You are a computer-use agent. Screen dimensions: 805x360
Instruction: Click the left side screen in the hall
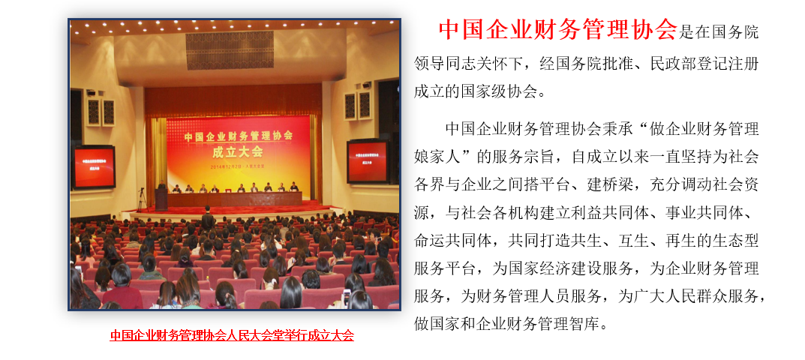click(x=94, y=167)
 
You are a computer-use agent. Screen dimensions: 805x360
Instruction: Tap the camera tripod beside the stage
click(x=141, y=199)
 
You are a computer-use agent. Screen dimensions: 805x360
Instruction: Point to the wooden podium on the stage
click(x=161, y=199)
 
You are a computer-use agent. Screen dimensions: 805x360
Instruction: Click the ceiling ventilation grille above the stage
click(x=230, y=50)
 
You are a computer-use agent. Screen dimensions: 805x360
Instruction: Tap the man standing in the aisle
click(x=208, y=220)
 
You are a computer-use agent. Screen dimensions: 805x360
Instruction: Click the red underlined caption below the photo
click(x=232, y=335)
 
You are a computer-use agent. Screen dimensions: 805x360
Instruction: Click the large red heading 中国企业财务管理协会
click(x=558, y=30)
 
